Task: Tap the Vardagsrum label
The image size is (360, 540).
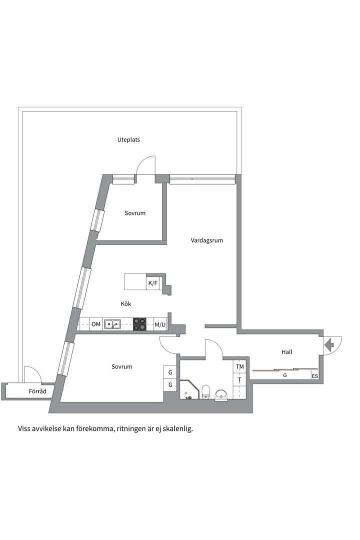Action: coord(206,240)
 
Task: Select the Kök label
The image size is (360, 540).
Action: coord(126,303)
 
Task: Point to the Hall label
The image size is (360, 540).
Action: coord(286,352)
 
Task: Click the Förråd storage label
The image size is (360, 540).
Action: coord(37,391)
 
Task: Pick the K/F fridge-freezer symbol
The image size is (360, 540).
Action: coord(152,283)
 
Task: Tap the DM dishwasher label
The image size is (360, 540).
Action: coord(96,324)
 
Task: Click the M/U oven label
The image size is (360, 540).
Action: coord(160,324)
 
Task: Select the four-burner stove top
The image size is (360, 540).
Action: coord(140,324)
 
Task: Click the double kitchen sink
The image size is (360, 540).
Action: coord(112,324)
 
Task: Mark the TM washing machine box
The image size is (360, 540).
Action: coord(240,367)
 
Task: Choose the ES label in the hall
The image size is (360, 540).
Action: coord(314,376)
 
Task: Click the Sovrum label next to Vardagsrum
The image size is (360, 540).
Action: coord(135,213)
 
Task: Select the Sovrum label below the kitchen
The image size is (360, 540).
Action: coord(122,366)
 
